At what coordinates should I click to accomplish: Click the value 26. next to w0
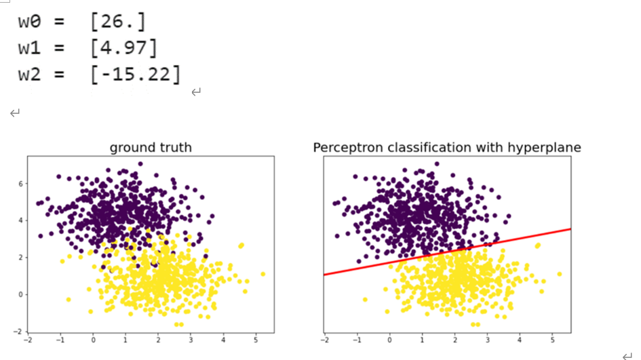click(117, 22)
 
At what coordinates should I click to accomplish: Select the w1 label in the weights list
click(33, 49)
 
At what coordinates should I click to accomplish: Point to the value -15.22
click(135, 75)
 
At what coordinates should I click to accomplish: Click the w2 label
click(33, 75)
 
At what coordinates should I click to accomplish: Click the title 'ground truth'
click(151, 147)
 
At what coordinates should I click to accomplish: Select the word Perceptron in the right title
click(346, 147)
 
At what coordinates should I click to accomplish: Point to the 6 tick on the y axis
click(20, 184)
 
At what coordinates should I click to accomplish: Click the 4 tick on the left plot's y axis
click(20, 221)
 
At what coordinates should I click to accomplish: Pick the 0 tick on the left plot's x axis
click(93, 341)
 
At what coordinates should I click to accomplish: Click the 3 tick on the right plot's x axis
click(487, 341)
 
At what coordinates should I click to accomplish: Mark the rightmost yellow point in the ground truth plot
click(263, 275)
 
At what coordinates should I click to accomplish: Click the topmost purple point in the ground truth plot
click(140, 163)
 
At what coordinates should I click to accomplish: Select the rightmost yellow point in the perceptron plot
click(560, 275)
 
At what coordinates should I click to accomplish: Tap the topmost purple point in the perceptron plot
click(437, 163)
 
